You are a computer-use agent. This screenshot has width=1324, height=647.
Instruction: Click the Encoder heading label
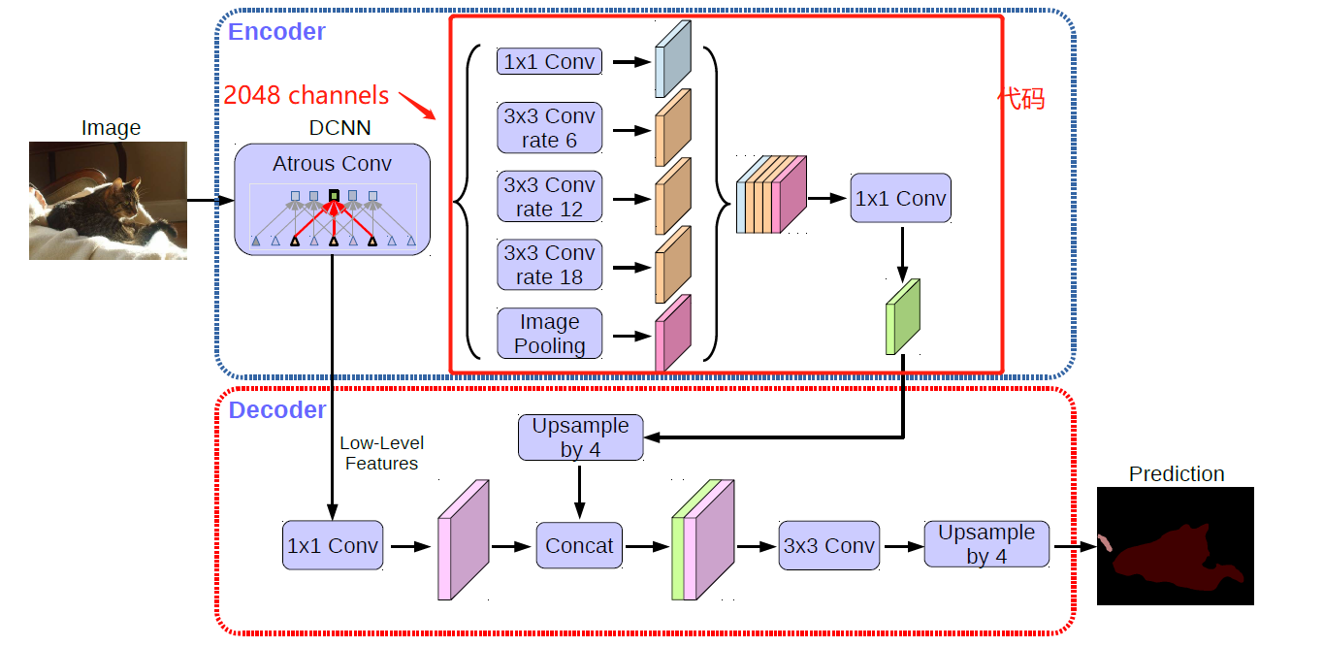click(276, 32)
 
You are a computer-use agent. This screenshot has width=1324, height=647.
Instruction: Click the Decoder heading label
click(277, 410)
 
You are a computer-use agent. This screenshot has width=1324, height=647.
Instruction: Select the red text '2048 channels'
click(306, 96)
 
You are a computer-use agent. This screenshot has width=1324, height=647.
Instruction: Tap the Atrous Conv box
click(332, 200)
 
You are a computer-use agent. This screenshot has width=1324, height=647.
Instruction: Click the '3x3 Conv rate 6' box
click(549, 128)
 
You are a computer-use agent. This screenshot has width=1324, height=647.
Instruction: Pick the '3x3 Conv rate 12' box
click(549, 197)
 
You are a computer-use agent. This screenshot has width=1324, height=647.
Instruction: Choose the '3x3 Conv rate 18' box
click(549, 265)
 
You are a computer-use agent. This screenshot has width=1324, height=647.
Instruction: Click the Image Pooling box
click(549, 334)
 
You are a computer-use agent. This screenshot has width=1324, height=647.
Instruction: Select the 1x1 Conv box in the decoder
click(333, 546)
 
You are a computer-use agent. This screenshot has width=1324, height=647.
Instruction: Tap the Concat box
click(579, 546)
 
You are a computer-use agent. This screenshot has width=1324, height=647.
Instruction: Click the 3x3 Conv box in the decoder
click(828, 546)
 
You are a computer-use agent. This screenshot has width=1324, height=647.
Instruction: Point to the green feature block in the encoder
click(902, 317)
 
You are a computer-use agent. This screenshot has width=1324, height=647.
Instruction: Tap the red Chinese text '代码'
click(1021, 99)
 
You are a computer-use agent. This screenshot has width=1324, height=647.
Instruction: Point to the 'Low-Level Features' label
click(381, 453)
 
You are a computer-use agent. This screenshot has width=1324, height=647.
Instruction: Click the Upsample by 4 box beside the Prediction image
click(986, 544)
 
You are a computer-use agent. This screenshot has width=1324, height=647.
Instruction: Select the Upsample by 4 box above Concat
click(580, 437)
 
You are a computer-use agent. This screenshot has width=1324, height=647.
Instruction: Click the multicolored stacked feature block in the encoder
click(771, 196)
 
